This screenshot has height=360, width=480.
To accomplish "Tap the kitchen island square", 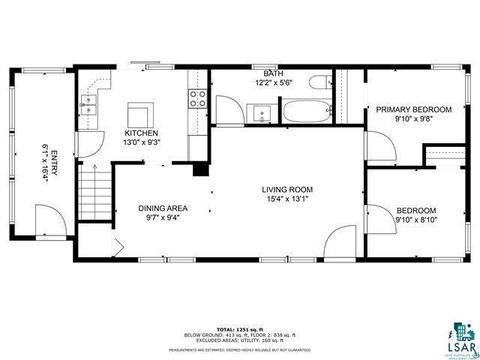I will click(140, 111).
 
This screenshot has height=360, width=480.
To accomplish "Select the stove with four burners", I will click(197, 99).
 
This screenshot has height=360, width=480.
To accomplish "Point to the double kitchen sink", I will click(90, 99).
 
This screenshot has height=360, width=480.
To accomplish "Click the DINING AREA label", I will click(163, 209).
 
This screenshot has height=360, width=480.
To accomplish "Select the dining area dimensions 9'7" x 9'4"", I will click(163, 218).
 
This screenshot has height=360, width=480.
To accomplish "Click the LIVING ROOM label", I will click(288, 189).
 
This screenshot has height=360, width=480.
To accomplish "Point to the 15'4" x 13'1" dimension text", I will click(288, 198).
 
